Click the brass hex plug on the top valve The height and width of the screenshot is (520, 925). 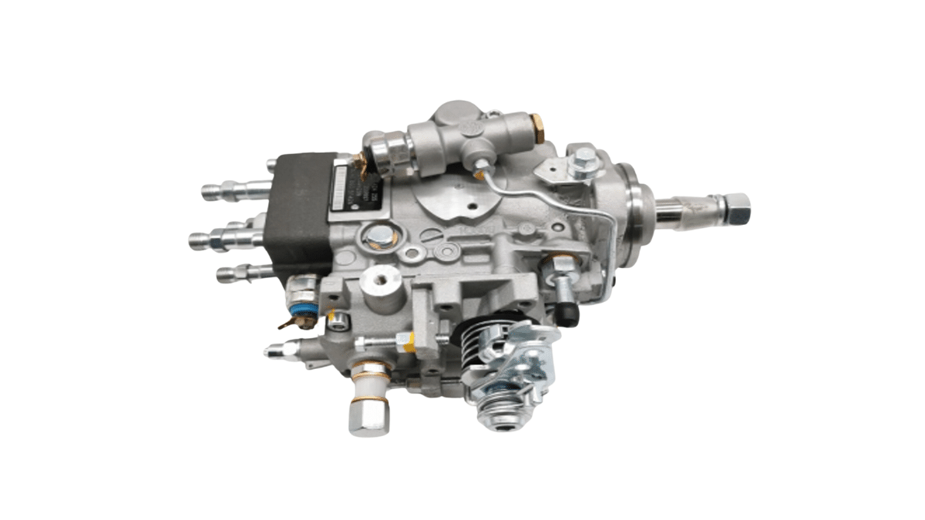(537, 128)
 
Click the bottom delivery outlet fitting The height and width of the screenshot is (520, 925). (243, 271)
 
